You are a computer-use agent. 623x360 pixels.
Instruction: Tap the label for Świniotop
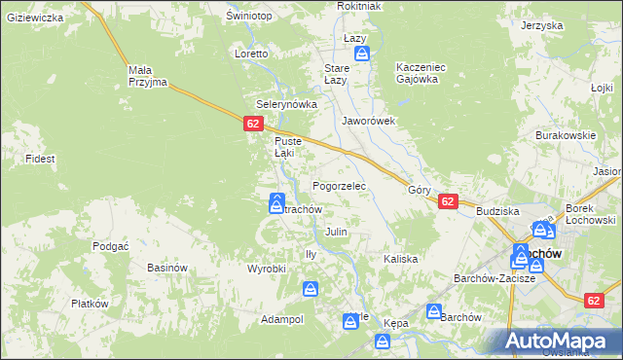pos(246,17)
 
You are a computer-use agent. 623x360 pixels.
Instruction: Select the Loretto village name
pos(251,54)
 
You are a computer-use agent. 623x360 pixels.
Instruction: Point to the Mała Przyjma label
pos(148,76)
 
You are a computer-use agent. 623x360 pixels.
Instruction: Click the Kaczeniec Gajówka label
pos(421,73)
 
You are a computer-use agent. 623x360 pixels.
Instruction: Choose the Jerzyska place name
pos(542,24)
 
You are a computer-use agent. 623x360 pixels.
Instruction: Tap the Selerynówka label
pos(280,103)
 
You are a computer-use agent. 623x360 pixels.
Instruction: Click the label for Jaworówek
pos(368,122)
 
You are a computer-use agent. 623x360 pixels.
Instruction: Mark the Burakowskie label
pos(565,135)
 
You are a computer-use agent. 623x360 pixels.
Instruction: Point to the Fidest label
pos(40,158)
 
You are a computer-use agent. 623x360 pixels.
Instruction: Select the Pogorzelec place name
pos(339,185)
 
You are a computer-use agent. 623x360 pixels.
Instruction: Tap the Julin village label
pos(336,233)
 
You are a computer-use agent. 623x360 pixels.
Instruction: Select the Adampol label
pos(282,319)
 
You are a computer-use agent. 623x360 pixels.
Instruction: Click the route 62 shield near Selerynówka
pos(253,124)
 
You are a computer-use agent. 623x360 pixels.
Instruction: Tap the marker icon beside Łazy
pos(361,54)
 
